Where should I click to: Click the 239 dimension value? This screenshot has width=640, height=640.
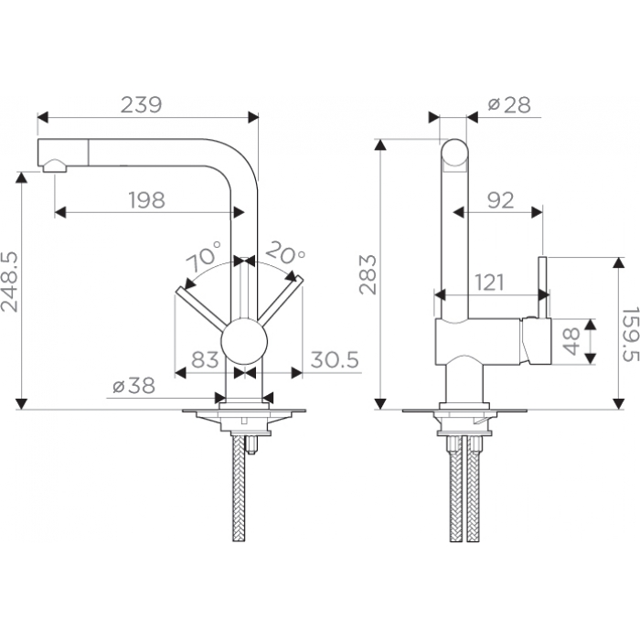pos(141,104)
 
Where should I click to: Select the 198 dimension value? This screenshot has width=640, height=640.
pos(146,200)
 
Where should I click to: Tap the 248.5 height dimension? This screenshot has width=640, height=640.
pos(10,282)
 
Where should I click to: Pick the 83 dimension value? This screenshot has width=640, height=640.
pos(205,359)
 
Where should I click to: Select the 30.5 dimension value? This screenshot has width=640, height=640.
pos(335,359)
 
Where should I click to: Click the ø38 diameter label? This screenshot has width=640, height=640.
pos(133,385)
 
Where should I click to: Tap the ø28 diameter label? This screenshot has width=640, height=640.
pos(509,105)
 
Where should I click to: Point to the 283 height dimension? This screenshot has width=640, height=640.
pos(368,274)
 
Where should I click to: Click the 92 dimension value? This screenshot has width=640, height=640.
pos(500,200)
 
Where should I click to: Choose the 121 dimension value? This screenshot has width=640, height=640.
pos(490,282)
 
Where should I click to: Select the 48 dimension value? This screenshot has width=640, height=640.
pos(571,341)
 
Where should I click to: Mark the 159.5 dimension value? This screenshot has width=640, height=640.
pos(630,335)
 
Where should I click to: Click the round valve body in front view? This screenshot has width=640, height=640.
pos(244,342)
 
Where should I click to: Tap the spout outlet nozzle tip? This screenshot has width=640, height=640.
pos(54,166)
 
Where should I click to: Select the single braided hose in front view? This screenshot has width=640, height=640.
pos(239,488)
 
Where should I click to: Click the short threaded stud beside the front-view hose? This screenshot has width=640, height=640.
pos(251,444)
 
